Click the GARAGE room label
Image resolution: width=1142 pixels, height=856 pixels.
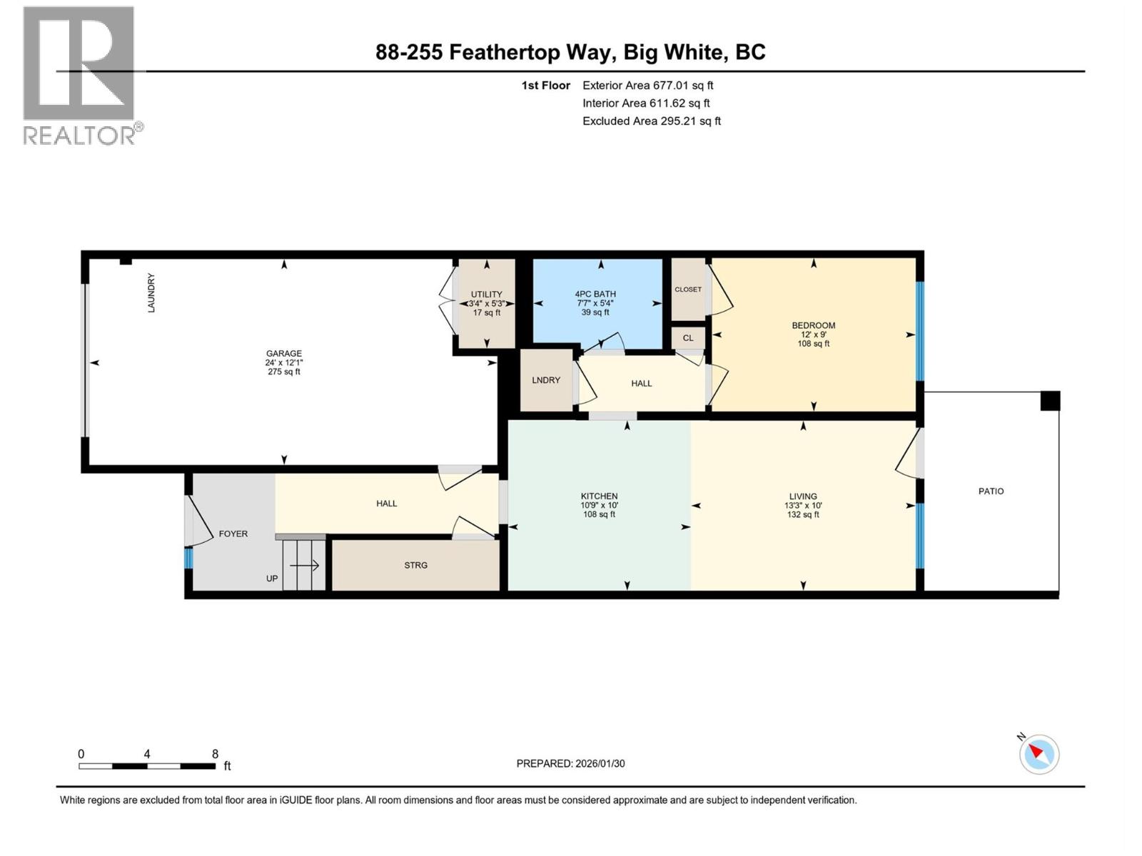(x=284, y=353)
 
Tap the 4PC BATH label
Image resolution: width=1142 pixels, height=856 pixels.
(x=595, y=294)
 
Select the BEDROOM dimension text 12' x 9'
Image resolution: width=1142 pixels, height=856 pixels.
(x=814, y=335)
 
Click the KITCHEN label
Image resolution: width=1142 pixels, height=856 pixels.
(x=599, y=496)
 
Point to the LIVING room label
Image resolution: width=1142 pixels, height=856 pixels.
(x=803, y=496)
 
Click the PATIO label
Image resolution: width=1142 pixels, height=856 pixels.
(x=991, y=491)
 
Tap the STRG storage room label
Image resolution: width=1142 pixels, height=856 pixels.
(x=416, y=565)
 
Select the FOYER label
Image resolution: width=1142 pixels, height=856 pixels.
(x=233, y=534)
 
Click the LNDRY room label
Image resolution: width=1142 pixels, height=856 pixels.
(x=546, y=380)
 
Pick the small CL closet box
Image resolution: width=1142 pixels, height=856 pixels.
(x=688, y=338)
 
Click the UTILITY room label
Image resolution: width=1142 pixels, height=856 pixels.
(x=487, y=294)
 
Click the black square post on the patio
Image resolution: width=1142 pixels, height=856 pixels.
(x=1050, y=401)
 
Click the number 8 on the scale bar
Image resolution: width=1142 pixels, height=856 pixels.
(x=215, y=754)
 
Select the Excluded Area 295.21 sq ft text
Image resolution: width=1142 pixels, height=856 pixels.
(x=652, y=121)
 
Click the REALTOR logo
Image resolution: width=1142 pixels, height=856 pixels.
(x=80, y=75)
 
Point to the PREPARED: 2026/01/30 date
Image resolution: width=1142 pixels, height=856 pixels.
(x=570, y=763)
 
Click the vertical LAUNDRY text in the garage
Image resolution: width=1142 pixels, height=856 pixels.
(x=151, y=292)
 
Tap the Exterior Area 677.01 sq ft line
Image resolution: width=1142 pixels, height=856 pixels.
(x=648, y=86)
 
